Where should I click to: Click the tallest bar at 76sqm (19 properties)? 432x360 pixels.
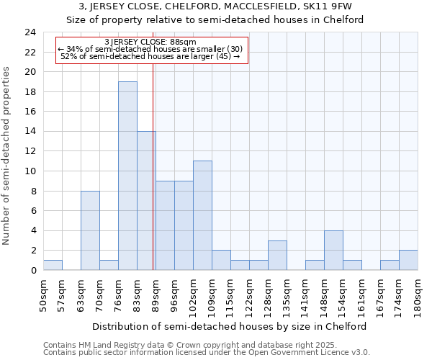127,176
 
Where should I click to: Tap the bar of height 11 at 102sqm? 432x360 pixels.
202,215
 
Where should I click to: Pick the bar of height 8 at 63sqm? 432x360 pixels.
90,230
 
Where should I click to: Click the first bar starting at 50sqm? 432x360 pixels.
53,265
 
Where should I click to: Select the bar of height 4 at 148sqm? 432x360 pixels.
333,250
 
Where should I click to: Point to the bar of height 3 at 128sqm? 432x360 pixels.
277,255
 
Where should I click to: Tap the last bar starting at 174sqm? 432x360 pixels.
408,260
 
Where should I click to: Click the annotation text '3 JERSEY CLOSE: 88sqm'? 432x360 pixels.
150,42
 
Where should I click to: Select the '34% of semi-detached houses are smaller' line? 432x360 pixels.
150,49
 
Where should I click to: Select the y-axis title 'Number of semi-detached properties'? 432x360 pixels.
7,156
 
